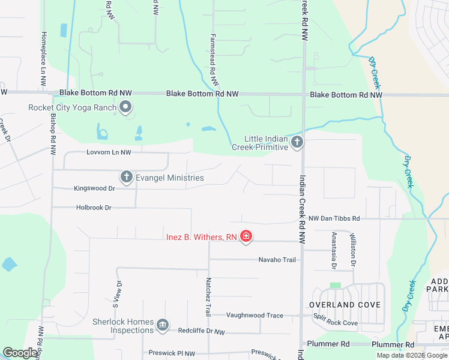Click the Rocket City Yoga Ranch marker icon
point(125,108)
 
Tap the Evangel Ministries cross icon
point(126,177)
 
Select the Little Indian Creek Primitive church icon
point(297,142)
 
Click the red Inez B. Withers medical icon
point(246,237)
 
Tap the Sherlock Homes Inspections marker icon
point(162,325)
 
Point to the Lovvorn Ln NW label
point(109,152)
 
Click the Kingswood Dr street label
point(94,188)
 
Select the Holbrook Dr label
point(94,208)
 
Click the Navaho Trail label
point(277,260)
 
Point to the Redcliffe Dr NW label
point(202,331)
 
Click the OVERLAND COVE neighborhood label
point(345,305)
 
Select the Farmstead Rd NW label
point(212,53)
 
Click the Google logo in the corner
point(20,353)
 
